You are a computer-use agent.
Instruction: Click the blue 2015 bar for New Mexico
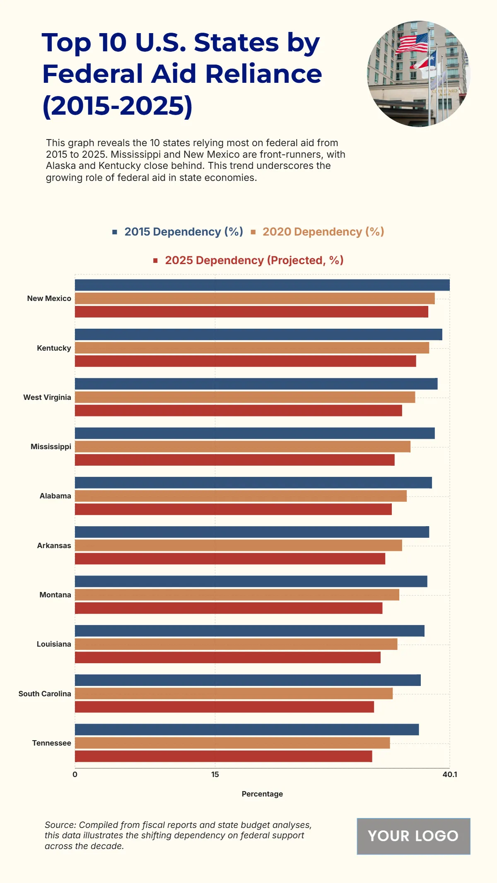tap(262, 285)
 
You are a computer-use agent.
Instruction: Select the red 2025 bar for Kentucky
tap(245, 361)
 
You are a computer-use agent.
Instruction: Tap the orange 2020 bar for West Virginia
tap(245, 397)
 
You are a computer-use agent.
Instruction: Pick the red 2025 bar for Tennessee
tap(223, 756)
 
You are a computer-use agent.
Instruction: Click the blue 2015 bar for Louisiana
tap(249, 631)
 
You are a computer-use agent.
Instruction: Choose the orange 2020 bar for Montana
tap(237, 595)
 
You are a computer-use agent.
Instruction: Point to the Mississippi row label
tap(51, 447)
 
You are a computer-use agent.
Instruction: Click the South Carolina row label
tap(45, 694)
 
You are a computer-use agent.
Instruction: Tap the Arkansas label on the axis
tap(54, 546)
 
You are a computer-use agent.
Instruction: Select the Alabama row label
tap(55, 496)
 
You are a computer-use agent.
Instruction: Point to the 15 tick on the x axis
tap(215, 775)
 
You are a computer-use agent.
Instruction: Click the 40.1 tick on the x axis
tap(449, 775)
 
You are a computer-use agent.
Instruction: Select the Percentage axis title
tap(262, 794)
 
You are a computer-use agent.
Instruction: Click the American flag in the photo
tap(413, 43)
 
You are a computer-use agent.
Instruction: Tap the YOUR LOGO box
tap(413, 836)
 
